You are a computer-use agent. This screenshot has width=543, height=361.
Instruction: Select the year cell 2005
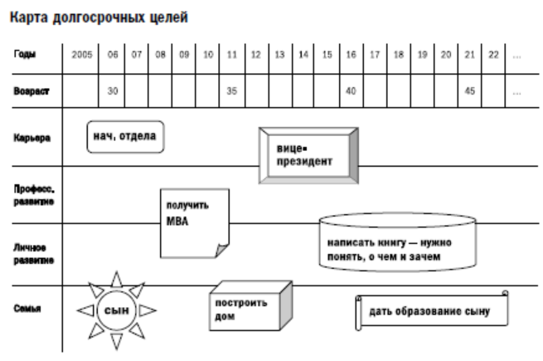(82, 55)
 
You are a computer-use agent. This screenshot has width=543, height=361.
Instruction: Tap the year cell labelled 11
(232, 55)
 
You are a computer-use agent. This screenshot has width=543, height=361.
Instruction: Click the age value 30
(114, 90)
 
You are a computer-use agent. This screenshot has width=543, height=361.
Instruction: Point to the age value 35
(232, 90)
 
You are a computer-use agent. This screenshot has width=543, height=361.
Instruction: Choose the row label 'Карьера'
(29, 139)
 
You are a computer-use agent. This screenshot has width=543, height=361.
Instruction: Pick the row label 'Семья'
(25, 309)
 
